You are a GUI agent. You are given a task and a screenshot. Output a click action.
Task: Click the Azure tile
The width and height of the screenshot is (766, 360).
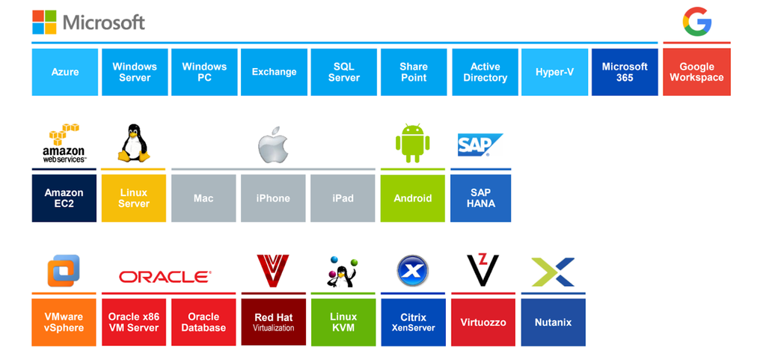click(65, 72)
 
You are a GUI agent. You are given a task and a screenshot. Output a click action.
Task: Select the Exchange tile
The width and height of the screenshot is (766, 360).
click(274, 72)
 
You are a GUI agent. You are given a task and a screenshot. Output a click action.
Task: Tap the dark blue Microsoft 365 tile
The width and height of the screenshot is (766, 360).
click(625, 72)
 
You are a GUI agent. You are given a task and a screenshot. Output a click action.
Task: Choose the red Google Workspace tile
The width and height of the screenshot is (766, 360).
click(696, 72)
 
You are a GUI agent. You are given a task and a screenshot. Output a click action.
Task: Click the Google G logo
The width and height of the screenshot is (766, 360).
click(696, 21)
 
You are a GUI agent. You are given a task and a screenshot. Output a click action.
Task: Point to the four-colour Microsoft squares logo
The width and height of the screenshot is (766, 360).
click(44, 22)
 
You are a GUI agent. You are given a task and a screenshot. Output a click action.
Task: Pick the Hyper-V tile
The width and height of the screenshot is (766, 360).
click(554, 72)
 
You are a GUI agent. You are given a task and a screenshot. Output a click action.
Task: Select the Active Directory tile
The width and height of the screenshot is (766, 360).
click(485, 72)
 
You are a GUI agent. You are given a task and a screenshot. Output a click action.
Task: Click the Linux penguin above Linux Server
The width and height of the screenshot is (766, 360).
click(133, 143)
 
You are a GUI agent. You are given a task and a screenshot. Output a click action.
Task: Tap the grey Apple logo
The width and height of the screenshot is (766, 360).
click(273, 144)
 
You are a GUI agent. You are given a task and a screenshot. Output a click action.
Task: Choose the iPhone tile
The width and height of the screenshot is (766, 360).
click(273, 198)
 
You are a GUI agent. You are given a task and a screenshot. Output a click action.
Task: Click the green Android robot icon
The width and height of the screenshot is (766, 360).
click(412, 143)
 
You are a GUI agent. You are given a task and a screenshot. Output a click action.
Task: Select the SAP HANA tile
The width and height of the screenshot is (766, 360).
click(480, 198)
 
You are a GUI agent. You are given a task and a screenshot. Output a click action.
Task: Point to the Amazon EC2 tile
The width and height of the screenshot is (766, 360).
click(64, 198)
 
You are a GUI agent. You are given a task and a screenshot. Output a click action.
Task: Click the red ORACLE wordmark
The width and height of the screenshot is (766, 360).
click(165, 277)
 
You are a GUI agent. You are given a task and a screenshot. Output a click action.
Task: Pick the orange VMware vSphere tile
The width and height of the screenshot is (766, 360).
click(64, 323)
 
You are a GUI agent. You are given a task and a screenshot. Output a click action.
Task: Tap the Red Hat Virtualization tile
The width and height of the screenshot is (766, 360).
click(273, 323)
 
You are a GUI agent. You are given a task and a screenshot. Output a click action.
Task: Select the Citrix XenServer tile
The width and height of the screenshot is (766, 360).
click(413, 323)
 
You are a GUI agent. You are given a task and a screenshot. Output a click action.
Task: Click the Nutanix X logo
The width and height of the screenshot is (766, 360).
click(553, 272)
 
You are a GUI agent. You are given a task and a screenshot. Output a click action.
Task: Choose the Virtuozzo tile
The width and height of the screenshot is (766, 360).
click(482, 323)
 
